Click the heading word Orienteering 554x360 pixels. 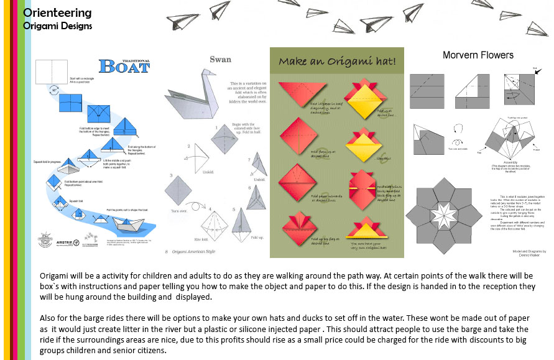click(57, 13)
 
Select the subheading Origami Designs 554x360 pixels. click(57, 26)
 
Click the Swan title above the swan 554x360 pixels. click(221, 60)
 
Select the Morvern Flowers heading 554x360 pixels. click(478, 55)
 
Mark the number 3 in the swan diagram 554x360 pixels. click(172, 176)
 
